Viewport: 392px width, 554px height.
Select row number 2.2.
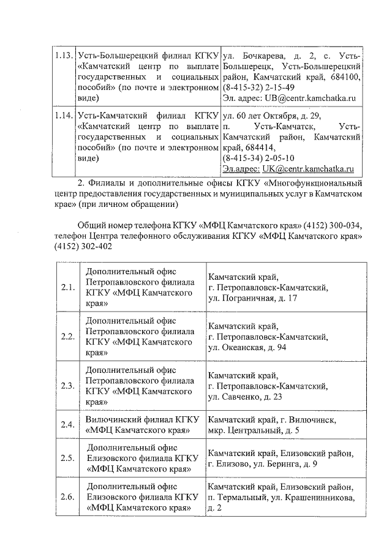coord(68,337)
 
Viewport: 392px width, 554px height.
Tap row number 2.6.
coord(68,497)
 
